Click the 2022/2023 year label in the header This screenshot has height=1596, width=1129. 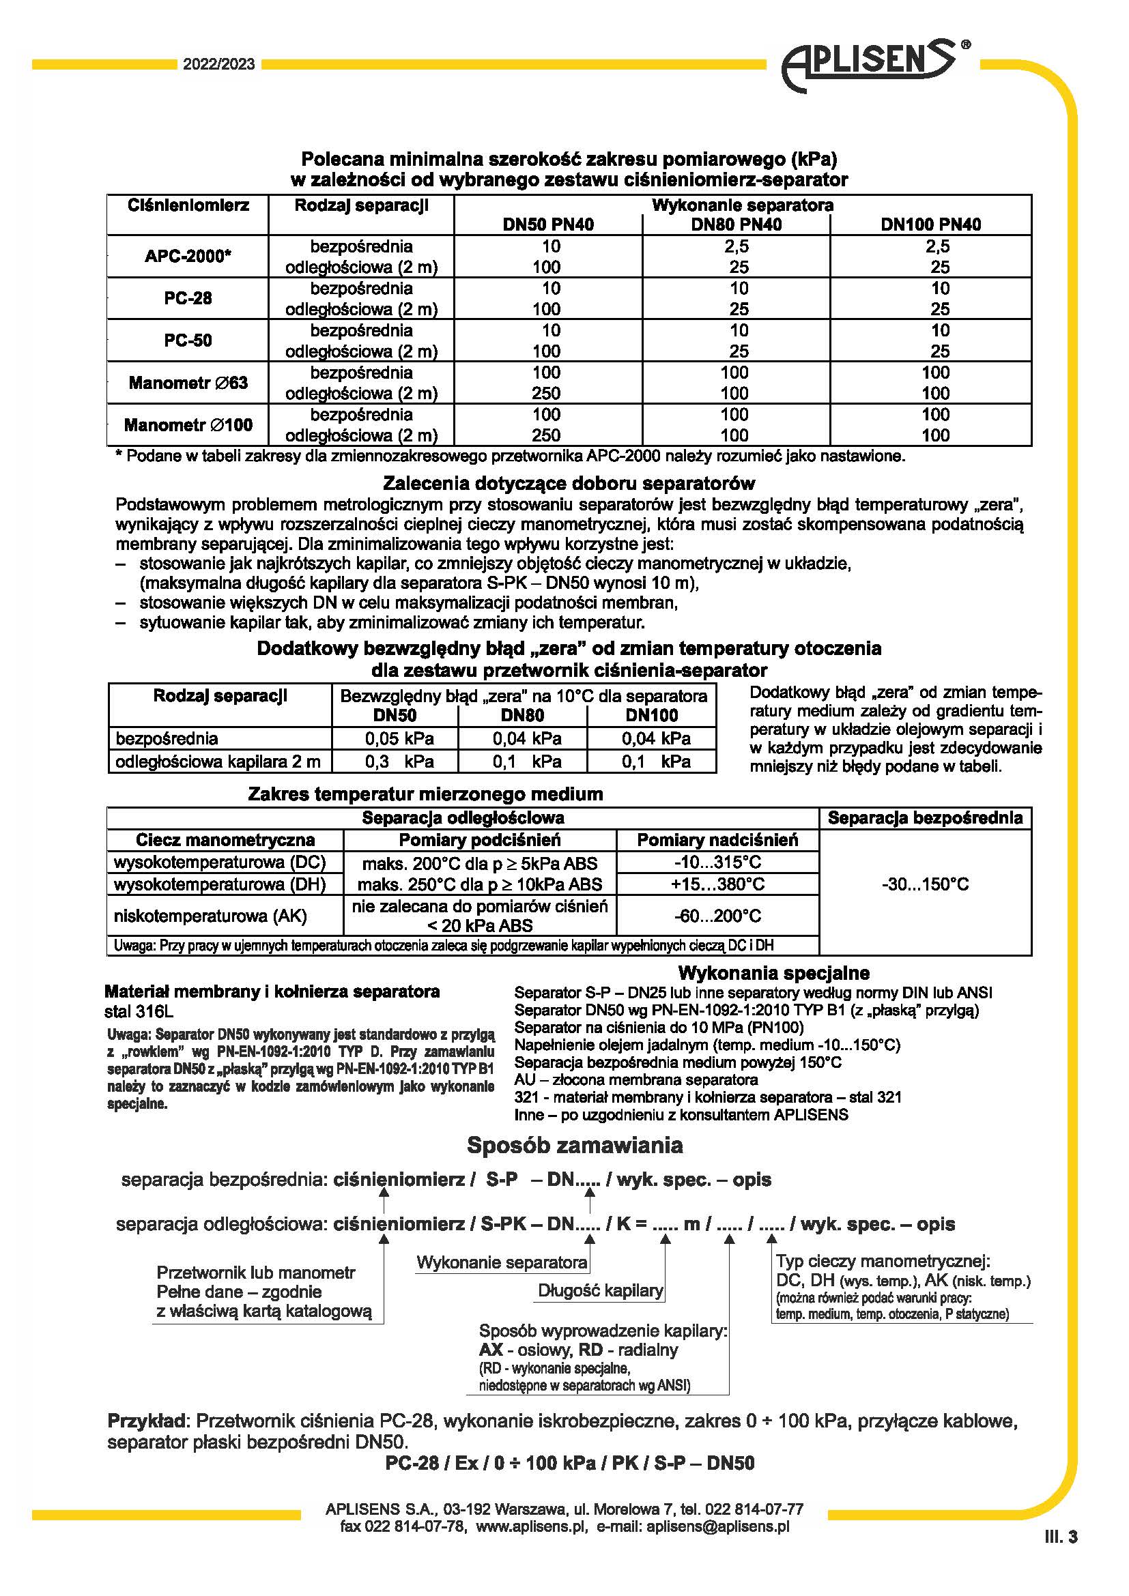pos(219,65)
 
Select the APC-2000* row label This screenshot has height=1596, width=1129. pos(188,256)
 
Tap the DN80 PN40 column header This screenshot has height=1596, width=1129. pos(737,224)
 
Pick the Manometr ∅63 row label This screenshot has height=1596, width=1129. pos(188,382)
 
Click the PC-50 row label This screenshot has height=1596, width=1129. pos(188,340)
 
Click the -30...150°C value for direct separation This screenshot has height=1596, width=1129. pos(925,884)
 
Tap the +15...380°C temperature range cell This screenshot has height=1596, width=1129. pos(717,884)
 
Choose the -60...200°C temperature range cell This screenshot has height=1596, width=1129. pos(717,916)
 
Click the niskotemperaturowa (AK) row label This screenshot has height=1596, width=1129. pos(210,916)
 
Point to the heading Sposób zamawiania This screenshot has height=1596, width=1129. pos(574,1145)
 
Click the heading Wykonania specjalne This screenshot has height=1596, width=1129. pos(773,972)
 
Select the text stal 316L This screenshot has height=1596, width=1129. pos(139,1011)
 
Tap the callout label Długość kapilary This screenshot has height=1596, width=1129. pos(600,1290)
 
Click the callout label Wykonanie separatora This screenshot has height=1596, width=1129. pos(502,1262)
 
